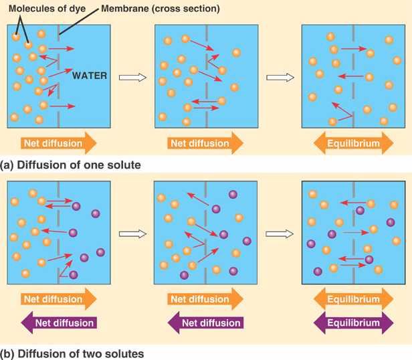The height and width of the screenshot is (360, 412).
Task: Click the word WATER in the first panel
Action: [90, 75]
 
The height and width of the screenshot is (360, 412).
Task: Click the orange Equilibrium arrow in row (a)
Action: [352, 143]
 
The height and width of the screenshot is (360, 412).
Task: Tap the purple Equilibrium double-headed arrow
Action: [352, 323]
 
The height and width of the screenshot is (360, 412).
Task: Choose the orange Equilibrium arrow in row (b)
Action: [352, 298]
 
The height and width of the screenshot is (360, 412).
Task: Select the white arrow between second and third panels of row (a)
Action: [280, 78]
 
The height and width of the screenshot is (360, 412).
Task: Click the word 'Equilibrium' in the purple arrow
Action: [352, 323]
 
